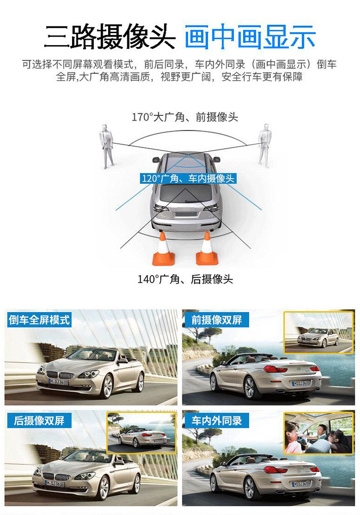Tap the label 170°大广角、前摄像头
pyautogui.click(x=185, y=117)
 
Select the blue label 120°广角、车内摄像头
pyautogui.click(x=188, y=178)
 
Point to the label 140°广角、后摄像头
pyautogui.click(x=185, y=279)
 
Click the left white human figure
pyautogui.click(x=107, y=146)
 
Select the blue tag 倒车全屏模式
pyautogui.click(x=39, y=319)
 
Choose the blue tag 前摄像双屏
pyautogui.click(x=216, y=319)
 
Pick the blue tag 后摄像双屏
pyautogui.click(x=39, y=420)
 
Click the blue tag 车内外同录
pyautogui.click(x=216, y=420)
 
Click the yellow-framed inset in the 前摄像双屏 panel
pyautogui.click(x=318, y=332)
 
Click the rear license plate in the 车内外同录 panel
pyautogui.click(x=300, y=484)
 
